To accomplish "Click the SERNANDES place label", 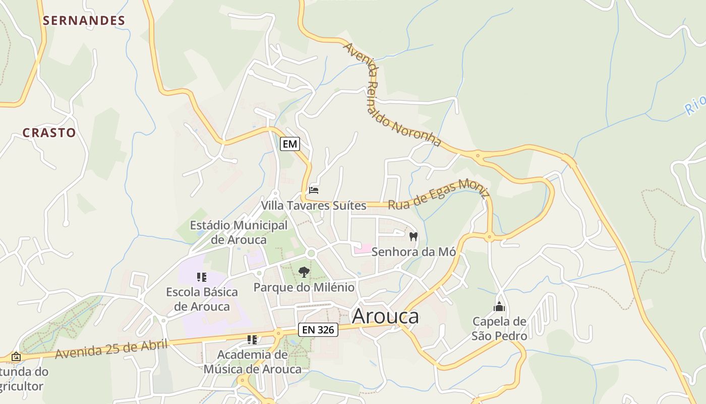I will [84, 21].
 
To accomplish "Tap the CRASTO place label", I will [49, 133].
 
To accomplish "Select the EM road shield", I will [290, 144].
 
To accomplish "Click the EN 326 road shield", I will [318, 330].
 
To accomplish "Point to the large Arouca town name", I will [385, 317].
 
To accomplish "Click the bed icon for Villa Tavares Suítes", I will [314, 190].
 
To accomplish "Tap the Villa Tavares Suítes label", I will [313, 206].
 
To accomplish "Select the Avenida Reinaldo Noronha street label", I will [392, 94].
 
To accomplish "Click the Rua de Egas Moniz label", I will [439, 195].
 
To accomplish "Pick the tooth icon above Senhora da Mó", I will [414, 236].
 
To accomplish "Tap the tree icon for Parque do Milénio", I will [304, 273].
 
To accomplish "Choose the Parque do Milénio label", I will [304, 287].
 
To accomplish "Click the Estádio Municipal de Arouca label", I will [239, 232].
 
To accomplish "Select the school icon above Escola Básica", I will [202, 277].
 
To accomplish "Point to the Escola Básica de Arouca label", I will [202, 299].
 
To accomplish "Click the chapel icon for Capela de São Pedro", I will [499, 307].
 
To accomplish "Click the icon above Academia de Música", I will [252, 340].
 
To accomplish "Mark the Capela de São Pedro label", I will [499, 328].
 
